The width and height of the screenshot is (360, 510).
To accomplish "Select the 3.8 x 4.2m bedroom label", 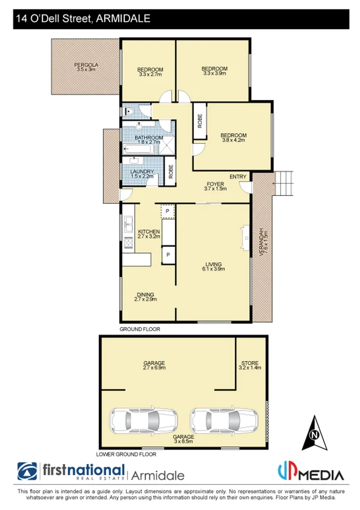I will (233, 138).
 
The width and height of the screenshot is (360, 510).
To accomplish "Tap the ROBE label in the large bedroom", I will (199, 121).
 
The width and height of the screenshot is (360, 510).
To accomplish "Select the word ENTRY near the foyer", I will (238, 177).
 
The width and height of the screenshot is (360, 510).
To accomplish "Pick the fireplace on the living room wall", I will (244, 236).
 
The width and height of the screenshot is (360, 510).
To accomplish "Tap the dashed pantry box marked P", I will (167, 211).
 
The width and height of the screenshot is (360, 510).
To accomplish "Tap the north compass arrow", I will (313, 433).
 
